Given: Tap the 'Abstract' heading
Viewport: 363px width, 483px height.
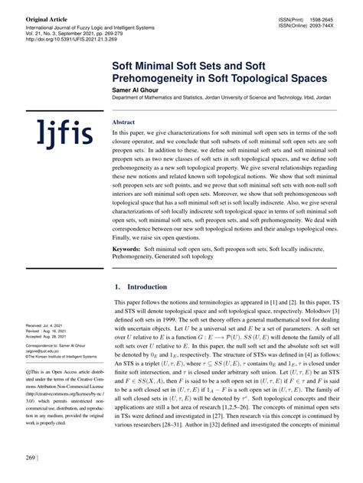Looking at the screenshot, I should tap(123, 122).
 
